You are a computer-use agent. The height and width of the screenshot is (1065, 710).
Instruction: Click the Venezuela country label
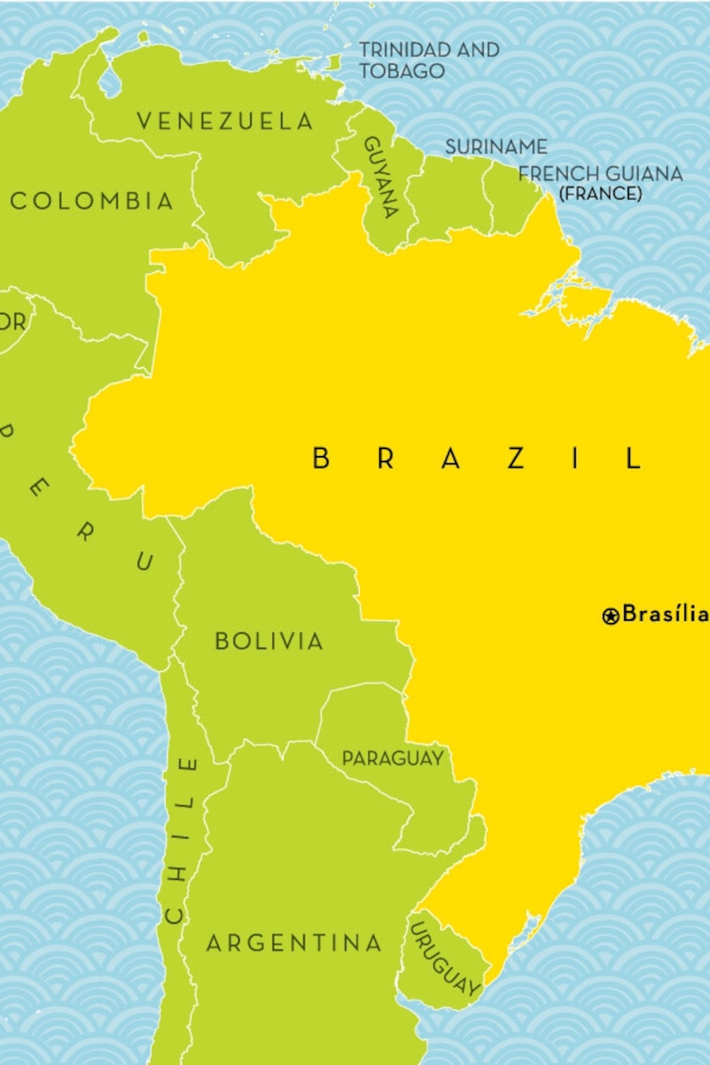(x=225, y=121)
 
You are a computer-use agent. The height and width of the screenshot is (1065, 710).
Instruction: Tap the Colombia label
(x=92, y=201)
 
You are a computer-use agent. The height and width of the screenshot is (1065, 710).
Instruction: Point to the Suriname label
(x=496, y=147)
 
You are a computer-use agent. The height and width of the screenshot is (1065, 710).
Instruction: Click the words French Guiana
(x=600, y=174)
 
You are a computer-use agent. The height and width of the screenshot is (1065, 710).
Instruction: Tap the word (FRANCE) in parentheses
(x=600, y=194)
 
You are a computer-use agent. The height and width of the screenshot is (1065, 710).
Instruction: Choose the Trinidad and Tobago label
(x=428, y=60)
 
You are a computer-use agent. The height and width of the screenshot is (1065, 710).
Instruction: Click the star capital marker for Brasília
(x=611, y=616)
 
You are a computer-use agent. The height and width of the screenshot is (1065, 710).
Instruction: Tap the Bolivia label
(x=269, y=641)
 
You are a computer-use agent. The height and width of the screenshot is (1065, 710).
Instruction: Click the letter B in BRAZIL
(x=321, y=458)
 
